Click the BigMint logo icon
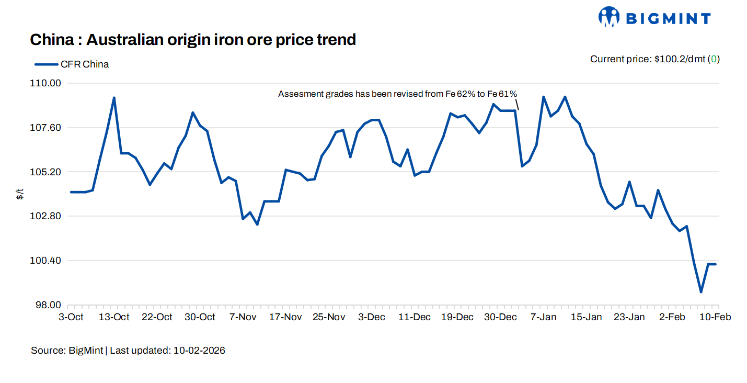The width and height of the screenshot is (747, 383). tap(609, 17)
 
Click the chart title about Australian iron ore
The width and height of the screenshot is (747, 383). tap(193, 39)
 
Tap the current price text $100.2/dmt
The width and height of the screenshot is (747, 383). tap(654, 59)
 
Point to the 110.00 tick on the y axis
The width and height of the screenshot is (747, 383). tap(47, 83)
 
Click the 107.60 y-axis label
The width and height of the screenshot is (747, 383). tap(47, 128)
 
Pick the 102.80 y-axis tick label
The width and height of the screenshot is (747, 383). tap(47, 217)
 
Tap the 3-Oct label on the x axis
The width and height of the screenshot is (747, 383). tap(71, 317)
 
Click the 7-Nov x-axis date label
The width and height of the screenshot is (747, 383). tap(243, 317)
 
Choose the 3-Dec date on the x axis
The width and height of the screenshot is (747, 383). tap(372, 317)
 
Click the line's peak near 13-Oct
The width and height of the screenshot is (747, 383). tap(114, 98)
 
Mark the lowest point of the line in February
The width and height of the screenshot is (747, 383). tap(701, 292)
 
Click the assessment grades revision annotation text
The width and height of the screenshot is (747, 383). tap(397, 94)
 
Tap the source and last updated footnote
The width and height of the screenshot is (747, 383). tap(128, 351)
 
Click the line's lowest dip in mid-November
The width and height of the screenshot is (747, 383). tap(257, 224)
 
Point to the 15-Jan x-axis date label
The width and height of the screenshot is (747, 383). tap(586, 317)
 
